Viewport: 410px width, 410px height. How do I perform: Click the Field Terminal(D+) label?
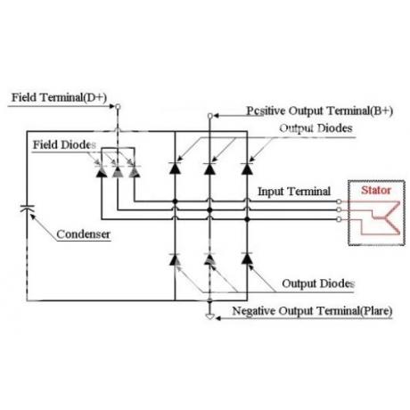point(59,98)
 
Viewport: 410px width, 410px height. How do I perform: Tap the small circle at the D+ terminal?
point(118,106)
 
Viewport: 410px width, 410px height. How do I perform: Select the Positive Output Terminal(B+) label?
point(320,111)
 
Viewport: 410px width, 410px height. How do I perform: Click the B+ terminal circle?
point(209,116)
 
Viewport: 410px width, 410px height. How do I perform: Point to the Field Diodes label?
point(64,145)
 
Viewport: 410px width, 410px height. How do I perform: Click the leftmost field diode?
point(102,171)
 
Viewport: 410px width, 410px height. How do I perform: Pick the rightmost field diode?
point(135,171)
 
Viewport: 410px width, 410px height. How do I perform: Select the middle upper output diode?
point(209,168)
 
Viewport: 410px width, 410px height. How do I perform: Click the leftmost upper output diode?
point(175,168)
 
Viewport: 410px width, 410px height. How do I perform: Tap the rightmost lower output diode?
point(247,258)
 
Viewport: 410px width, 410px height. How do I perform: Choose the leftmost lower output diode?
point(175,258)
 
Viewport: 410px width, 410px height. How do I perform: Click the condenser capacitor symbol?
point(27,209)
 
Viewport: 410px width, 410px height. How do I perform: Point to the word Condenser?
point(83,234)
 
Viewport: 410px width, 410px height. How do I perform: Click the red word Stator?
point(376,190)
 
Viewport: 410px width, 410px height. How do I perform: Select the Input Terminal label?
point(294,192)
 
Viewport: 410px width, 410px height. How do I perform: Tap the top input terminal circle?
point(339,201)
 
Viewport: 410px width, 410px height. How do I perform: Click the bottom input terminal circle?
point(339,219)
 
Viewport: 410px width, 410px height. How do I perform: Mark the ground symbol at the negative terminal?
point(209,316)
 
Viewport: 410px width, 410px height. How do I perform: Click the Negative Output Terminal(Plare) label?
point(312,311)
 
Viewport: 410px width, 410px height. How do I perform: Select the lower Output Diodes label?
point(318,283)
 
